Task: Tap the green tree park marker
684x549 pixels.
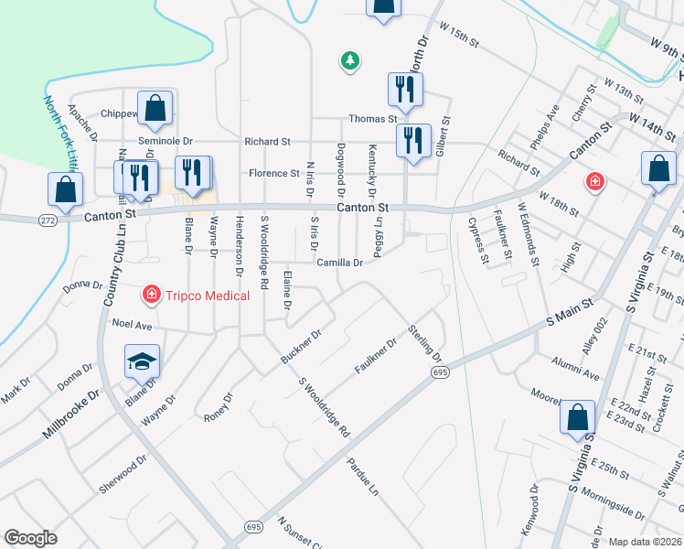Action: click(349, 61)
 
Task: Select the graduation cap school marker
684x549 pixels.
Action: click(142, 361)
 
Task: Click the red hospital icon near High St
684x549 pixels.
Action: click(595, 182)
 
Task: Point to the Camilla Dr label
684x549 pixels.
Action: click(340, 263)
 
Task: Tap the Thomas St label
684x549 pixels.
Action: click(372, 119)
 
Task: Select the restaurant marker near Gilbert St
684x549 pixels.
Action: click(413, 141)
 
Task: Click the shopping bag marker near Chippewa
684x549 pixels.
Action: click(155, 107)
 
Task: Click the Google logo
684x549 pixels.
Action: click(30, 538)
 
